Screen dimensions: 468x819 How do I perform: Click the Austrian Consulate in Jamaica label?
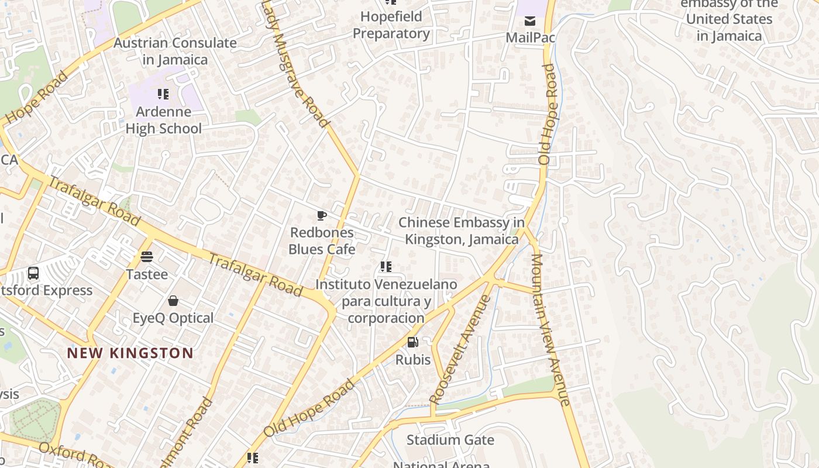(x=175, y=51)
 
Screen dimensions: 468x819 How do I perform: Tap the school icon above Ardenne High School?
(x=163, y=94)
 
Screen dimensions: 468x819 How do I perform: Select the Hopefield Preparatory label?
(x=391, y=25)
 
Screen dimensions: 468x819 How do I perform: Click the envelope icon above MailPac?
(x=529, y=22)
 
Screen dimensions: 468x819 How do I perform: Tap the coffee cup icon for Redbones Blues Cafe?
(x=321, y=215)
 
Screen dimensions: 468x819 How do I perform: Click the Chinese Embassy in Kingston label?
(x=462, y=231)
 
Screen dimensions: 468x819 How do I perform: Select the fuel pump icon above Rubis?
(x=413, y=342)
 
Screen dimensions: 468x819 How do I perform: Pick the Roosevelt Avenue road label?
(x=460, y=350)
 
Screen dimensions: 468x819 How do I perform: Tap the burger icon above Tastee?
(x=147, y=257)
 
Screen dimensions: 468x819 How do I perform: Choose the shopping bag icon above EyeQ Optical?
(x=173, y=301)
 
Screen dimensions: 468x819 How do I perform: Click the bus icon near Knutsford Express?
(x=33, y=273)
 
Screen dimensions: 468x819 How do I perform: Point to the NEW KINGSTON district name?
(x=130, y=353)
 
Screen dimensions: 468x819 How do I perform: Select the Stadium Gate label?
(x=450, y=440)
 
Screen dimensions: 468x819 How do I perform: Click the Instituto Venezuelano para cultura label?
(x=386, y=301)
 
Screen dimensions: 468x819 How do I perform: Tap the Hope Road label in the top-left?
(x=36, y=97)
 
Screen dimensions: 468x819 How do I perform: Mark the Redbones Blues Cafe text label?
(x=322, y=241)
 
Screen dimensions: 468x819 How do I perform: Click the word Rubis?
(x=413, y=359)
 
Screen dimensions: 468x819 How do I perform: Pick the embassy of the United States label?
(x=729, y=20)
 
